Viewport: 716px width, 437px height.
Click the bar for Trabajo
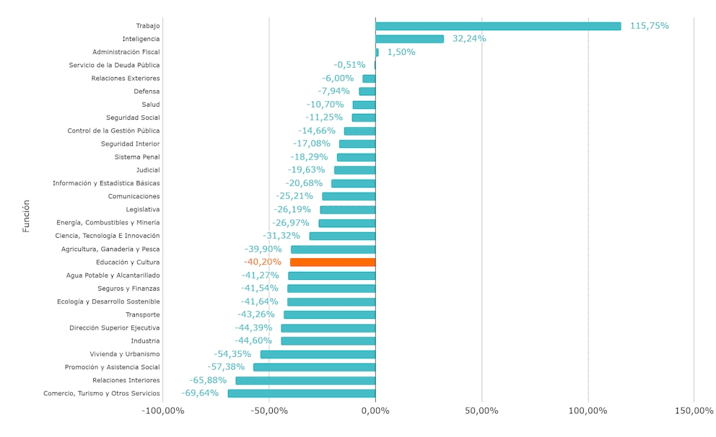coord(498,26)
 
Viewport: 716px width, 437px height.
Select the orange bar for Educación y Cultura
coord(333,262)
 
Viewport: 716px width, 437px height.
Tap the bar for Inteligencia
coord(409,39)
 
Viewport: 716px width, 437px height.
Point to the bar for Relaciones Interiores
coord(305,381)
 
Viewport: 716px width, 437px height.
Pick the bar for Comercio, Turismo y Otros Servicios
coord(302,394)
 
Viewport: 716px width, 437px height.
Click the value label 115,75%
coord(649,26)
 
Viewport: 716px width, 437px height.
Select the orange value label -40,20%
coord(263,262)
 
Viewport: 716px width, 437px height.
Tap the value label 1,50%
coord(401,52)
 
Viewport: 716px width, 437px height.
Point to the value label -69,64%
coord(200,393)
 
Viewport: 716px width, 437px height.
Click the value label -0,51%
coord(349,65)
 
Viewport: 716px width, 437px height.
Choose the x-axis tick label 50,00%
coord(481,411)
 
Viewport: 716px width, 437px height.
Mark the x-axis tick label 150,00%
coord(694,411)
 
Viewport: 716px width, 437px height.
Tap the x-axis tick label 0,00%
coord(375,411)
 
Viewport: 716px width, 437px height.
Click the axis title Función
coord(26,216)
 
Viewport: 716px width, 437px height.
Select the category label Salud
coord(151,105)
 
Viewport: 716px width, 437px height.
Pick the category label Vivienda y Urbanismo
coord(125,354)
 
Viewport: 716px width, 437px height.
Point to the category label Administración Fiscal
coord(126,52)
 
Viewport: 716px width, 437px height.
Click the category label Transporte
coord(143,315)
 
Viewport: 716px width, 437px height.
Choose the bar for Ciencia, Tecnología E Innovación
coord(342,236)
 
